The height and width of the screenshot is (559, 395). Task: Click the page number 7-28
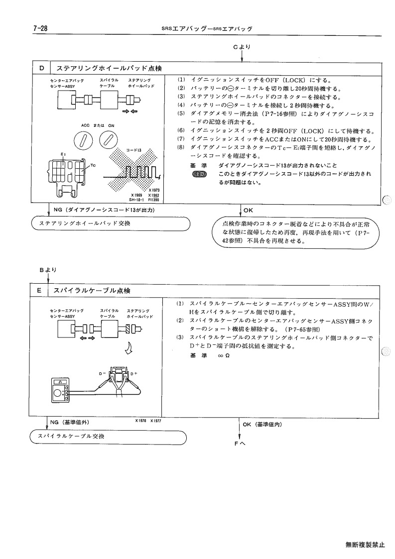[x=40, y=28]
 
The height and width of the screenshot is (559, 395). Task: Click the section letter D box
[x=42, y=68]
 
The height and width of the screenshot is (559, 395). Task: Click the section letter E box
[x=39, y=291]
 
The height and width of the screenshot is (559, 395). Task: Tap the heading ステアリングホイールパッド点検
[x=109, y=68]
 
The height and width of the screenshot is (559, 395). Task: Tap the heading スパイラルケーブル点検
[x=92, y=291]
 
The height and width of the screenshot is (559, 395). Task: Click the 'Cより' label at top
[x=242, y=47]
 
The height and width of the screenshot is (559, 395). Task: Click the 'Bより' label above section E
[x=48, y=270]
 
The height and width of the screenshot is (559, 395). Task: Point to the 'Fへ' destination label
[x=240, y=444]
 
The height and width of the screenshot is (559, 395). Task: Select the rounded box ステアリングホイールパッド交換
[x=111, y=224]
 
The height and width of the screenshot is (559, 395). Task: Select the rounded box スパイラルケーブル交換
[x=109, y=437]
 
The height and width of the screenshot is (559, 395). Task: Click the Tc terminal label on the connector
[x=93, y=165]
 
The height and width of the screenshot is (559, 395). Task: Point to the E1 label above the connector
[x=63, y=154]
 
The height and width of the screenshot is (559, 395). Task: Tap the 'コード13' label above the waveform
[x=134, y=150]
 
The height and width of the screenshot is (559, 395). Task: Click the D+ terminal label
[x=134, y=373]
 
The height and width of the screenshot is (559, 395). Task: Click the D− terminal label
[x=103, y=373]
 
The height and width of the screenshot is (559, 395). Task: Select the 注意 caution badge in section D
[x=199, y=174]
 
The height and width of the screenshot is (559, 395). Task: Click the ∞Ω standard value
[x=224, y=355]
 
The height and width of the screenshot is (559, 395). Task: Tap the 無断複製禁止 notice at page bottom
[x=366, y=545]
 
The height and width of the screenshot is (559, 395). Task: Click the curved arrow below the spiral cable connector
[x=129, y=348]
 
